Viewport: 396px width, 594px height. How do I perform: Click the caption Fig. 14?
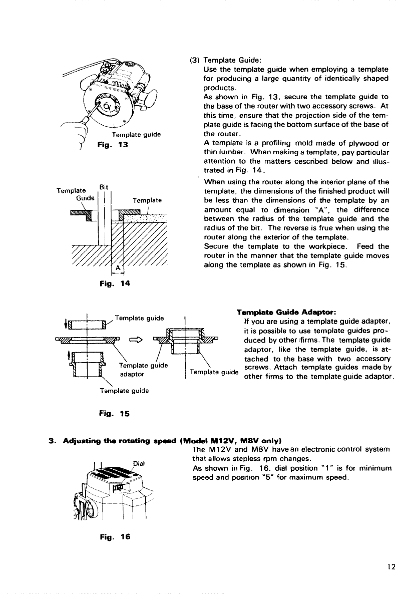114,283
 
